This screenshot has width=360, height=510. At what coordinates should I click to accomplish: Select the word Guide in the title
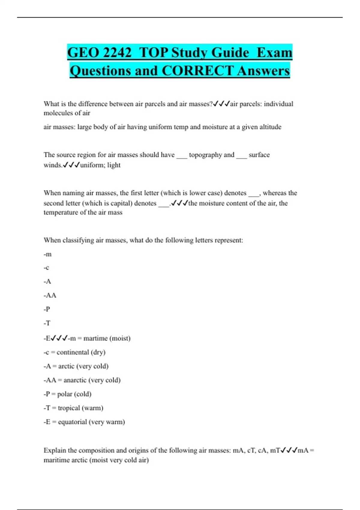(x=230, y=53)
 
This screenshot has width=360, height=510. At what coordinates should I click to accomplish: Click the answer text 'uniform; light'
(x=100, y=165)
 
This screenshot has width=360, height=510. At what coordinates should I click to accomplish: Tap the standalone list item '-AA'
(x=50, y=295)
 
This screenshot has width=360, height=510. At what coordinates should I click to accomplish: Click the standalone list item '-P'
(x=47, y=309)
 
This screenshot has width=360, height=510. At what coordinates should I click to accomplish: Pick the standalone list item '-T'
(x=47, y=323)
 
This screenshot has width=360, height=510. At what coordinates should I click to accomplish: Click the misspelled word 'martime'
(x=95, y=338)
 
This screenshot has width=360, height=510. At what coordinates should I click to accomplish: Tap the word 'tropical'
(x=69, y=408)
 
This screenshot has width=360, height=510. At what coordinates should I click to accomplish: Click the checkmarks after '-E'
(x=59, y=338)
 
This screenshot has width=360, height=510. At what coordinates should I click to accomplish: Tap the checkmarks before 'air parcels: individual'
(x=221, y=104)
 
